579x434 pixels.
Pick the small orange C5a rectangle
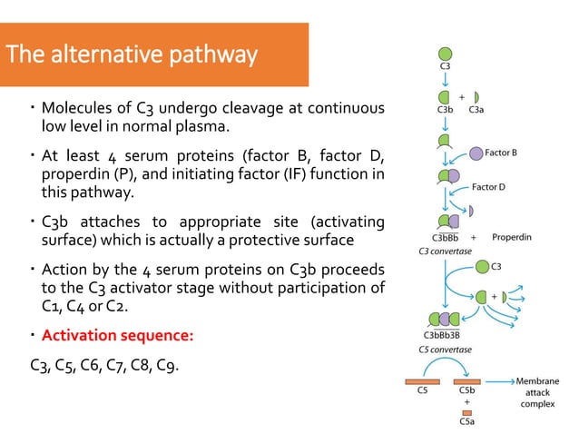pos(466,412)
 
